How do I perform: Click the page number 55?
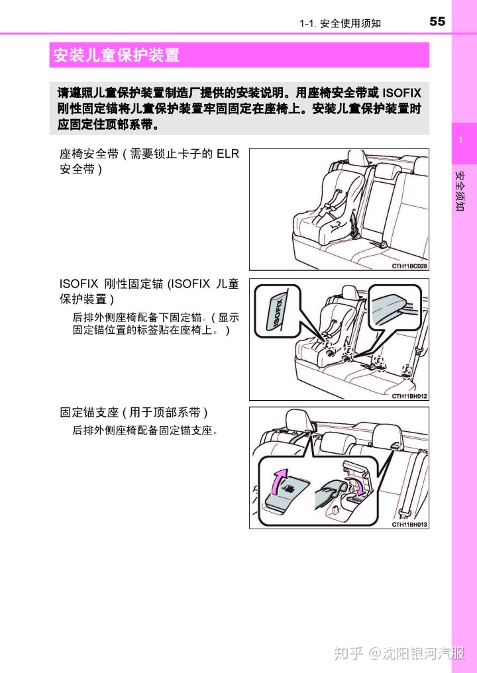[437, 21]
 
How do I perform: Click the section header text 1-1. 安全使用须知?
[340, 23]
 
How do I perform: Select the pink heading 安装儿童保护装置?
[117, 55]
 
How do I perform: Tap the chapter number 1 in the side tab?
[458, 140]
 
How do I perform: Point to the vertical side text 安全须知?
[459, 192]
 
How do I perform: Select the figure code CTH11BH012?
[409, 396]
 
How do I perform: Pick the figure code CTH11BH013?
[409, 524]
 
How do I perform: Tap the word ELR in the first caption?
[227, 154]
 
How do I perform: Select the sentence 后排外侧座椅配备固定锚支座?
[145, 431]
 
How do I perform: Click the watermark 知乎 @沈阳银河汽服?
[399, 653]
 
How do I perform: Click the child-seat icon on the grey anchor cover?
[290, 488]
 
